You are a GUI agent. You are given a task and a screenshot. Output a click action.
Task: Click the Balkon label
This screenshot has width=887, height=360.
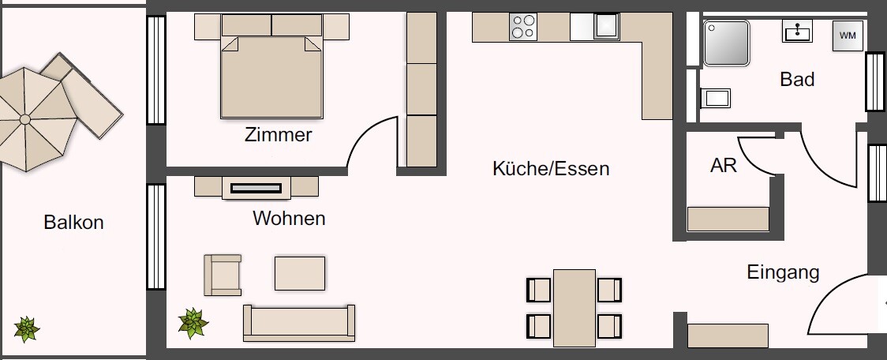(x=73, y=223)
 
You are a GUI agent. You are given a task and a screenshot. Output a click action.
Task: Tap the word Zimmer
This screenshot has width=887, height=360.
(x=278, y=135)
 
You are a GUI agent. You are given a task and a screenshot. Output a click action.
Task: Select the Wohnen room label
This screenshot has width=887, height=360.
(x=289, y=218)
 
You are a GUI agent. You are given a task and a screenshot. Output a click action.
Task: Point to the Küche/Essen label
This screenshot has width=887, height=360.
(x=551, y=168)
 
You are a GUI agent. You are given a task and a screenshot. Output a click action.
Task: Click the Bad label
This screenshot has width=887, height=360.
(x=796, y=80)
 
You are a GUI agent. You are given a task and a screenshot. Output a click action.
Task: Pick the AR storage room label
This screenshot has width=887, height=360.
(x=723, y=166)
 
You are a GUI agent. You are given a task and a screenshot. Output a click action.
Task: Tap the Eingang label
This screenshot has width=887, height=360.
(x=783, y=273)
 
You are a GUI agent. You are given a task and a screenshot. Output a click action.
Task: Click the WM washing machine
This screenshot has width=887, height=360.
(x=847, y=36)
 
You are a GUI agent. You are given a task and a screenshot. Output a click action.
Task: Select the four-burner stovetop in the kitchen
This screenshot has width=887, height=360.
(x=522, y=28)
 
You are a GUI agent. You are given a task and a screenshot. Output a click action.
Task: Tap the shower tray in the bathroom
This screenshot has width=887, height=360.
(x=725, y=43)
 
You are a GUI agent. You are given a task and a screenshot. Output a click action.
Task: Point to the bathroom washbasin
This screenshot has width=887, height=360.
(x=797, y=32)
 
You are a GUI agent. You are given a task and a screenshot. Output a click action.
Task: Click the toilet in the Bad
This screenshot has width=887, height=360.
(x=715, y=98)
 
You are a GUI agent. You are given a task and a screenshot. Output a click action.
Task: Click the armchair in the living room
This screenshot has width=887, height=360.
(x=223, y=275)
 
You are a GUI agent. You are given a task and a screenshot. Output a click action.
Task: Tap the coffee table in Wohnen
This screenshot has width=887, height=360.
(x=300, y=273)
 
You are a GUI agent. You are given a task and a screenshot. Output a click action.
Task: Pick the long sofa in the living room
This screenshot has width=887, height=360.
(x=298, y=323)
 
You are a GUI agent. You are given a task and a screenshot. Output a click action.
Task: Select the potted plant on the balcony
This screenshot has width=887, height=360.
(x=27, y=328)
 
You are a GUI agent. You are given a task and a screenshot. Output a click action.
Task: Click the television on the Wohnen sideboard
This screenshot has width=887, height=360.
(x=256, y=188)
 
